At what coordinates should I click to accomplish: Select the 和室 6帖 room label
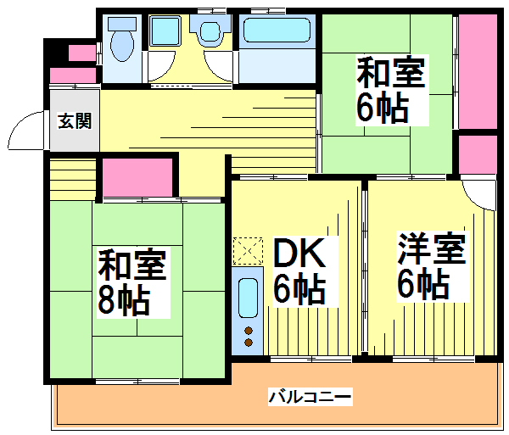pos(389,90)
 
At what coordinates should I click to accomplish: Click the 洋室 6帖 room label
pos(431,267)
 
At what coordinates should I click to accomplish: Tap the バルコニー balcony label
pos(310,396)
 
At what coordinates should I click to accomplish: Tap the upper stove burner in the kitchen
pos(249,330)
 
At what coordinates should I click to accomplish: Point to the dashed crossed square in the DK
pos(248,250)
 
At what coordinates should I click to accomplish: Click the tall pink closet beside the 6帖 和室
pos(477,72)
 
